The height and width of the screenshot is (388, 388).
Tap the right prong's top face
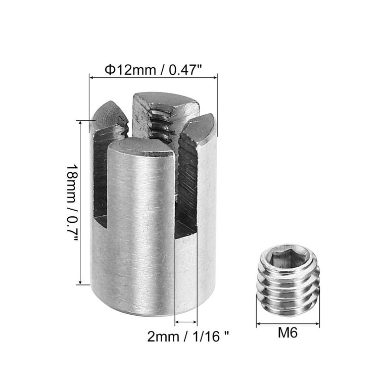(x=200, y=127)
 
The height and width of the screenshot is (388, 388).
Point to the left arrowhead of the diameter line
(x=91, y=77)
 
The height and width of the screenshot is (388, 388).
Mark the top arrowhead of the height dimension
(x=80, y=122)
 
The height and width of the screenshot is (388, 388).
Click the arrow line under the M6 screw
(x=288, y=324)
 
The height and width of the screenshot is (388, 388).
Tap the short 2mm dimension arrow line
(x=186, y=322)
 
